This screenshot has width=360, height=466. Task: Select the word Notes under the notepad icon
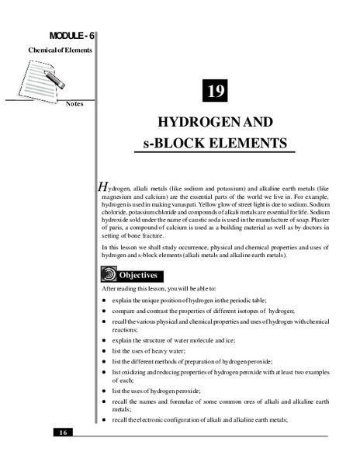coord(75,103)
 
